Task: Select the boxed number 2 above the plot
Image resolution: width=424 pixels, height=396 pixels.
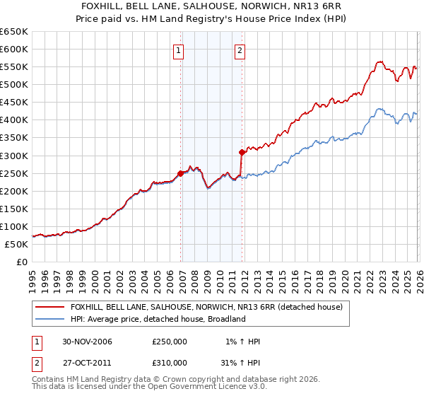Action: coord(240,50)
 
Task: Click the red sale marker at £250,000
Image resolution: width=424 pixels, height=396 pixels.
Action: coord(181,173)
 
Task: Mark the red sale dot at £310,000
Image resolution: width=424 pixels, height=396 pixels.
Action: coord(242,152)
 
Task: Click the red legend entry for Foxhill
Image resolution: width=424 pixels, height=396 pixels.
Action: coord(206,307)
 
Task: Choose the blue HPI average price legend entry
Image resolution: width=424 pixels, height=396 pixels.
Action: coord(157,319)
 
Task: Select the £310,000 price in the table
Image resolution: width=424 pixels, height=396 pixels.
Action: coord(170,362)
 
